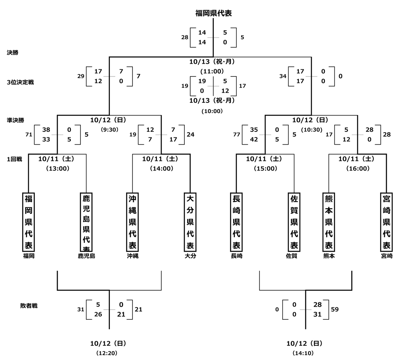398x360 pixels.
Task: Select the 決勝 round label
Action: pos(12,52)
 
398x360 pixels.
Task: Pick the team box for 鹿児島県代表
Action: pos(86,222)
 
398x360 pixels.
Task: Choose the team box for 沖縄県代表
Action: pos(133,222)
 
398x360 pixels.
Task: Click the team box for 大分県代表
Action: pos(190,222)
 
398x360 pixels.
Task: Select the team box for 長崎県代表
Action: pos(236,222)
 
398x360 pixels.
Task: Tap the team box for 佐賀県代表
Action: pos(294,222)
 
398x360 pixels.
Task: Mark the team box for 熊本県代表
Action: pos(329,222)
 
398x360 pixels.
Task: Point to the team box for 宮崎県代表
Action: pos(386,222)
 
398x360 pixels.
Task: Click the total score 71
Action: pos(28,135)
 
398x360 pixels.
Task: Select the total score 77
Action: pos(236,135)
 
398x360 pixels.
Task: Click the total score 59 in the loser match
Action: pos(334,309)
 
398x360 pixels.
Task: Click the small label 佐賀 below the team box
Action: pos(291,256)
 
